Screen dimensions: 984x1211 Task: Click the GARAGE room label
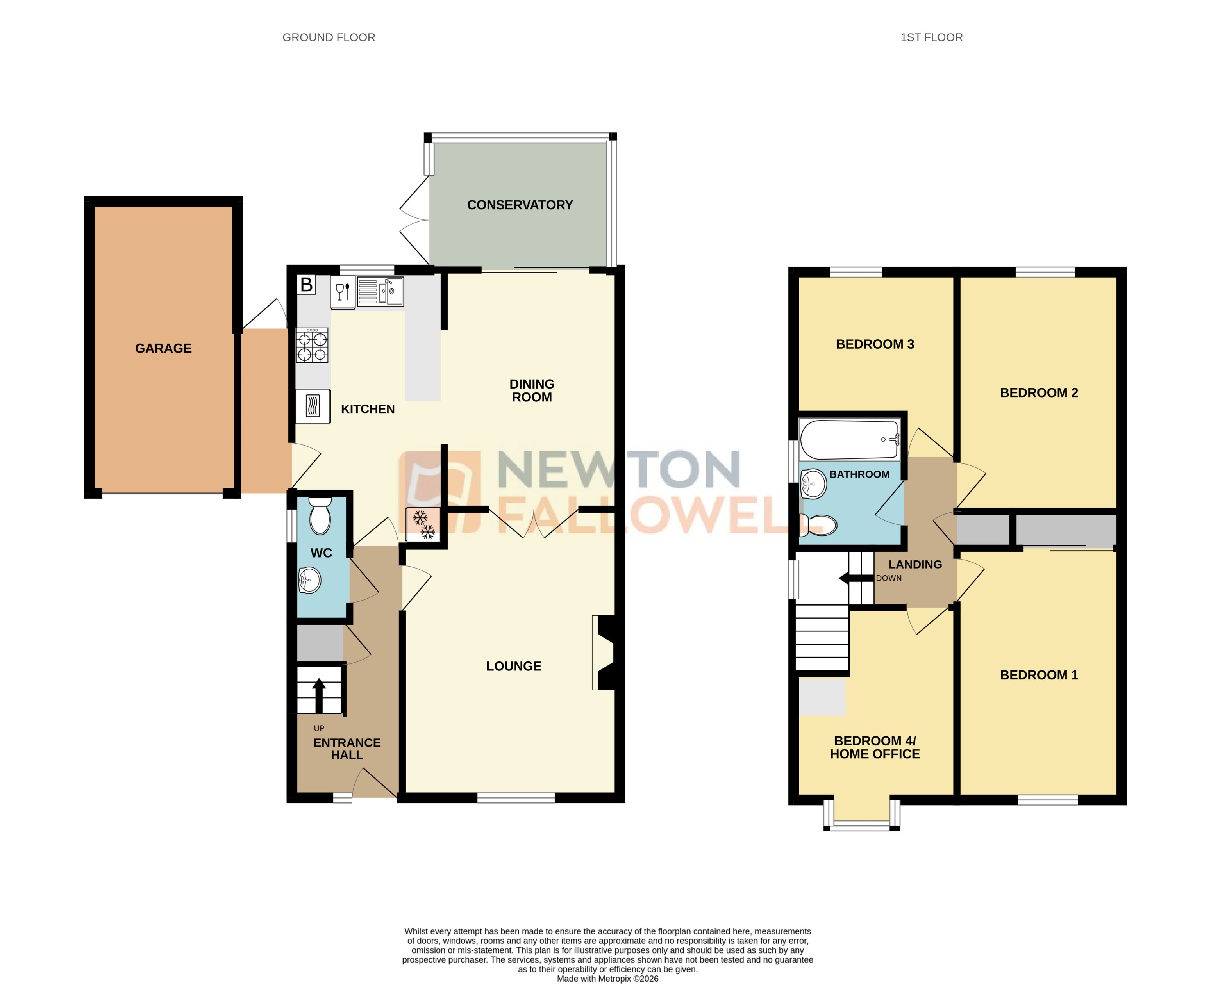click(163, 348)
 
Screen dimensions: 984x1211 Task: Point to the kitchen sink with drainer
click(380, 291)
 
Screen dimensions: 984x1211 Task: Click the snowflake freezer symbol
click(423, 524)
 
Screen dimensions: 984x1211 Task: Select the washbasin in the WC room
click(309, 580)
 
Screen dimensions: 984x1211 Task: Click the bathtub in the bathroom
click(849, 439)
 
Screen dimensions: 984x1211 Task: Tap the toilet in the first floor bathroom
click(818, 526)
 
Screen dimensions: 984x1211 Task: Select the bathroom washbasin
click(813, 483)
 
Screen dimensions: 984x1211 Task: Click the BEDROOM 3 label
click(874, 344)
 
